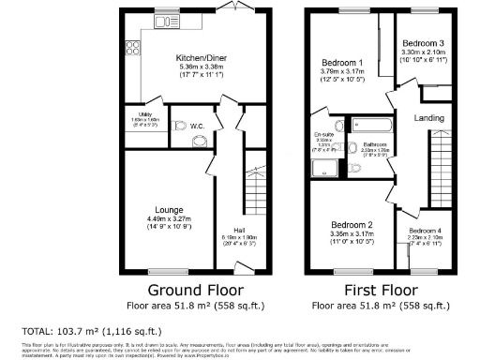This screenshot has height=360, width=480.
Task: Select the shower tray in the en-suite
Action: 324,168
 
